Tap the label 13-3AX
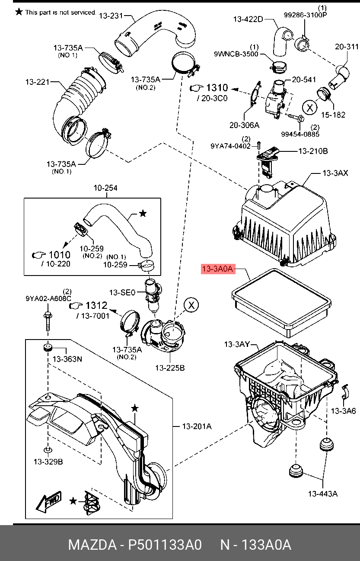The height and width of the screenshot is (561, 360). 335,173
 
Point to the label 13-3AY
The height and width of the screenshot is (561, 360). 237,344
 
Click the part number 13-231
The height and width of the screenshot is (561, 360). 111,16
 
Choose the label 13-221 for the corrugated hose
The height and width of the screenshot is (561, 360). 37,81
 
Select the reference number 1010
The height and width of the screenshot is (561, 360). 59,255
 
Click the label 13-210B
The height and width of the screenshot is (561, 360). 313,151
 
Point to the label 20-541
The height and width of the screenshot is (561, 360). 304,80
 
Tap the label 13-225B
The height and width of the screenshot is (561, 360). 170,368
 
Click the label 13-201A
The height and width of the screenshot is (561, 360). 197,426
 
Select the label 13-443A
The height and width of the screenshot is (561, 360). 322,494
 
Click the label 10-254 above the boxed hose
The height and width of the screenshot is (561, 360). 105,188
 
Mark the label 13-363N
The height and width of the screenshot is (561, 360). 67,359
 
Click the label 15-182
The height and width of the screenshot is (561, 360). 333,115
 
